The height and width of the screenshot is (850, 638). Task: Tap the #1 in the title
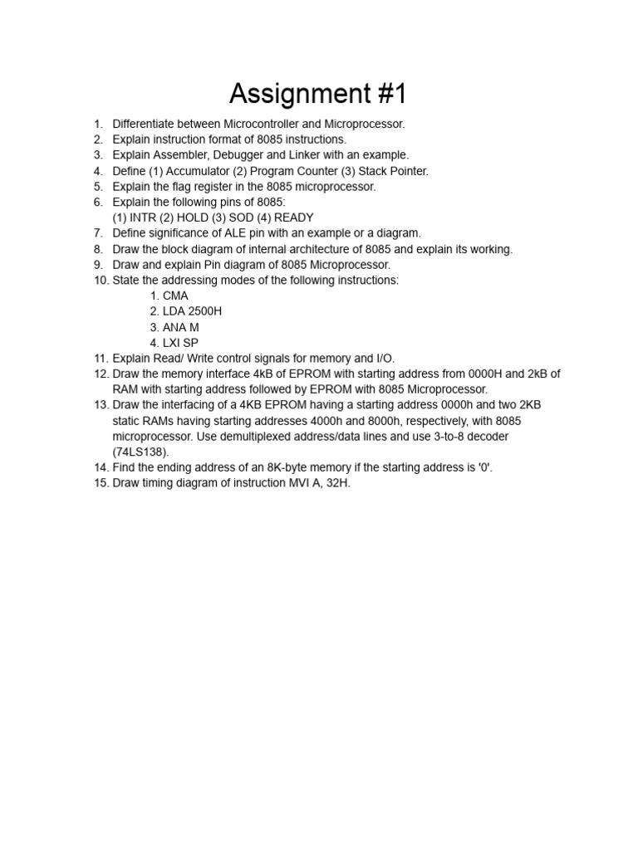pos(388,95)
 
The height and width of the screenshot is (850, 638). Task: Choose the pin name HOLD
pos(192,217)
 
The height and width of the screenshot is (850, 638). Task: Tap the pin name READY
pos(293,217)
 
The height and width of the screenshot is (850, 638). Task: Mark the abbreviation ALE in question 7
pos(232,233)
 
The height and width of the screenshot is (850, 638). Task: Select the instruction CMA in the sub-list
pos(175,296)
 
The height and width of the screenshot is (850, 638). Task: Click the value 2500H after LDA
pos(205,311)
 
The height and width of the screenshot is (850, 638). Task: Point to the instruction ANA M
pos(180,327)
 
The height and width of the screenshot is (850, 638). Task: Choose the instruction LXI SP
pos(180,343)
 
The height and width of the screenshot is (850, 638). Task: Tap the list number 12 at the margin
pos(101,374)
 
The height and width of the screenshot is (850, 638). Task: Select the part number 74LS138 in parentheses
pos(140,452)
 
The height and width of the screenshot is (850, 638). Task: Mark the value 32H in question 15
pos(337,483)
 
